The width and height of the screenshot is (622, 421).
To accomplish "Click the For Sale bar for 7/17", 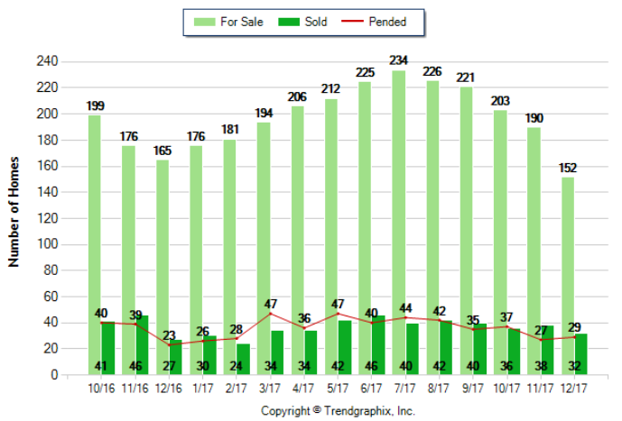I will (x=398, y=216).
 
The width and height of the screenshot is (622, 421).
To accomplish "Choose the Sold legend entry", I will (x=303, y=22).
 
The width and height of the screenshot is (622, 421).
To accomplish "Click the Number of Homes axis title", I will (x=14, y=218).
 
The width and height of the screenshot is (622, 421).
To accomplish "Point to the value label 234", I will (x=398, y=60).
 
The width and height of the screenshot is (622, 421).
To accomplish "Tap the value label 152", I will (x=568, y=167).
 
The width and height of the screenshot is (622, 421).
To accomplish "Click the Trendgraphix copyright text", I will (x=337, y=410).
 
